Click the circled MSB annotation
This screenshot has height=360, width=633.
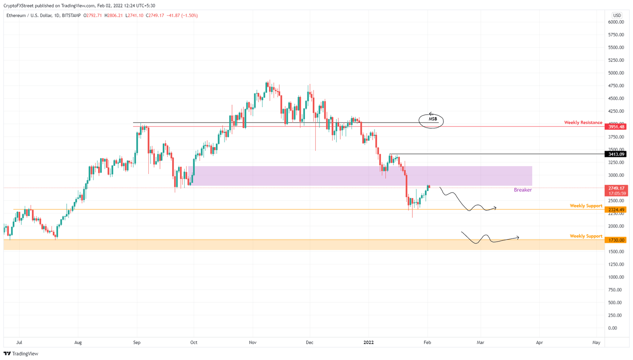(x=431, y=120)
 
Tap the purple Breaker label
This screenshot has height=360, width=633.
(x=523, y=190)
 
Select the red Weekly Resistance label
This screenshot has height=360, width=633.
(x=583, y=122)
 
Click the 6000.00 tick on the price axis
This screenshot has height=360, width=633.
(x=616, y=22)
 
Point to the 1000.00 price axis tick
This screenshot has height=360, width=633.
(x=616, y=277)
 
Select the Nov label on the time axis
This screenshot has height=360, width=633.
(x=253, y=342)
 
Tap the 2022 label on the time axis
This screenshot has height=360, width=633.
(x=368, y=342)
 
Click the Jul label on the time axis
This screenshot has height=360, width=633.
(x=19, y=342)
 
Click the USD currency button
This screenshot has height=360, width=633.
(x=617, y=16)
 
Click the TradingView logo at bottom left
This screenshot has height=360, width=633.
(x=21, y=354)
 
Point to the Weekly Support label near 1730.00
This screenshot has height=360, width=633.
(x=586, y=236)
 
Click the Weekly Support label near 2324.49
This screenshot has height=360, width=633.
(x=586, y=206)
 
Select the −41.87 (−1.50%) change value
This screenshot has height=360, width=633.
(x=182, y=16)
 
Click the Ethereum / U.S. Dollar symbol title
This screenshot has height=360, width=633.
(x=29, y=16)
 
